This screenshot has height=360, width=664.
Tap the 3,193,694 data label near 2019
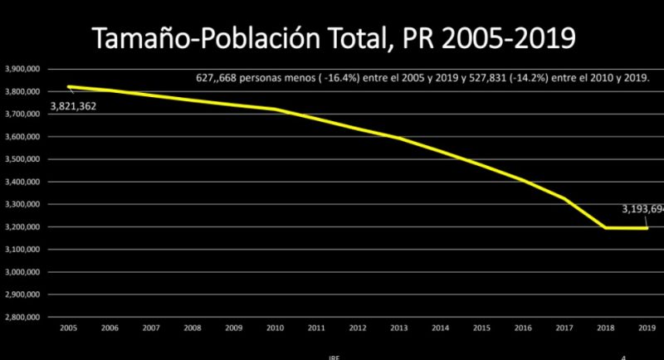(642, 210)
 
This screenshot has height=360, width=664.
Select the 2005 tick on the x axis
(70, 327)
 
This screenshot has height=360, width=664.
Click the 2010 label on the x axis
(275, 327)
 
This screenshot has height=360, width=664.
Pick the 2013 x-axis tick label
(398, 327)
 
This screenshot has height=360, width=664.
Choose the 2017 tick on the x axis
(564, 327)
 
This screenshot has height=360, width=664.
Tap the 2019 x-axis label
(646, 327)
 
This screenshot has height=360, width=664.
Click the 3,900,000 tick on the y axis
(22, 69)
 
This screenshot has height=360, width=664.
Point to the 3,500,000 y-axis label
(22, 159)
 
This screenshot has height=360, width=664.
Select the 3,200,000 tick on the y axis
(22, 226)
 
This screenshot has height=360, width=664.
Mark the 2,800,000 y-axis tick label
(22, 317)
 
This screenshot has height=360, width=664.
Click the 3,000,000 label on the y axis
(22, 272)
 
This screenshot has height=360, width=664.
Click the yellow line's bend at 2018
(605, 227)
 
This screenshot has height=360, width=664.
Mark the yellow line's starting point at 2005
(70, 86)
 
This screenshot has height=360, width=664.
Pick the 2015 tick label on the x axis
(481, 327)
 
